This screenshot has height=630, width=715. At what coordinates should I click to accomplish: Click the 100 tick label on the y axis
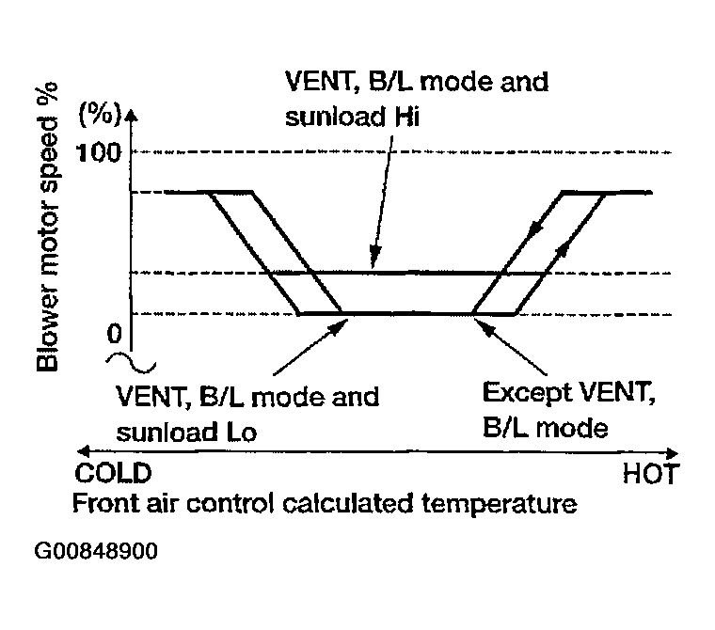(x=100, y=152)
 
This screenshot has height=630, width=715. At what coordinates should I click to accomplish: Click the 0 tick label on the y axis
(x=115, y=333)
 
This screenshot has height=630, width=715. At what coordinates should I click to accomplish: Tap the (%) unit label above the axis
(x=100, y=114)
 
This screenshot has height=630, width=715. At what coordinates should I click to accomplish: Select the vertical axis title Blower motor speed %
(x=47, y=227)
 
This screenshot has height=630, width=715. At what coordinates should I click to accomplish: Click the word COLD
(x=113, y=473)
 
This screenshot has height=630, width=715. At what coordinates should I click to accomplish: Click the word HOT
(x=651, y=474)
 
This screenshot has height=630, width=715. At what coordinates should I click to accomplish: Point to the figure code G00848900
(x=96, y=551)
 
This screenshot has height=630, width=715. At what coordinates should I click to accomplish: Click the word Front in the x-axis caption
(x=105, y=503)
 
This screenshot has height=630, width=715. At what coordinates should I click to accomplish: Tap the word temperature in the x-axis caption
(x=500, y=504)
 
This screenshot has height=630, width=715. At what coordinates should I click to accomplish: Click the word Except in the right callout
(x=525, y=393)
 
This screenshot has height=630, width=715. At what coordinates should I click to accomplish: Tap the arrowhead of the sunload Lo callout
(x=339, y=325)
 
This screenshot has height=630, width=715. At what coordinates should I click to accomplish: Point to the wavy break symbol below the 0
(x=131, y=363)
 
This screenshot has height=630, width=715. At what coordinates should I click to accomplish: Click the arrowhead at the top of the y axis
(x=132, y=116)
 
